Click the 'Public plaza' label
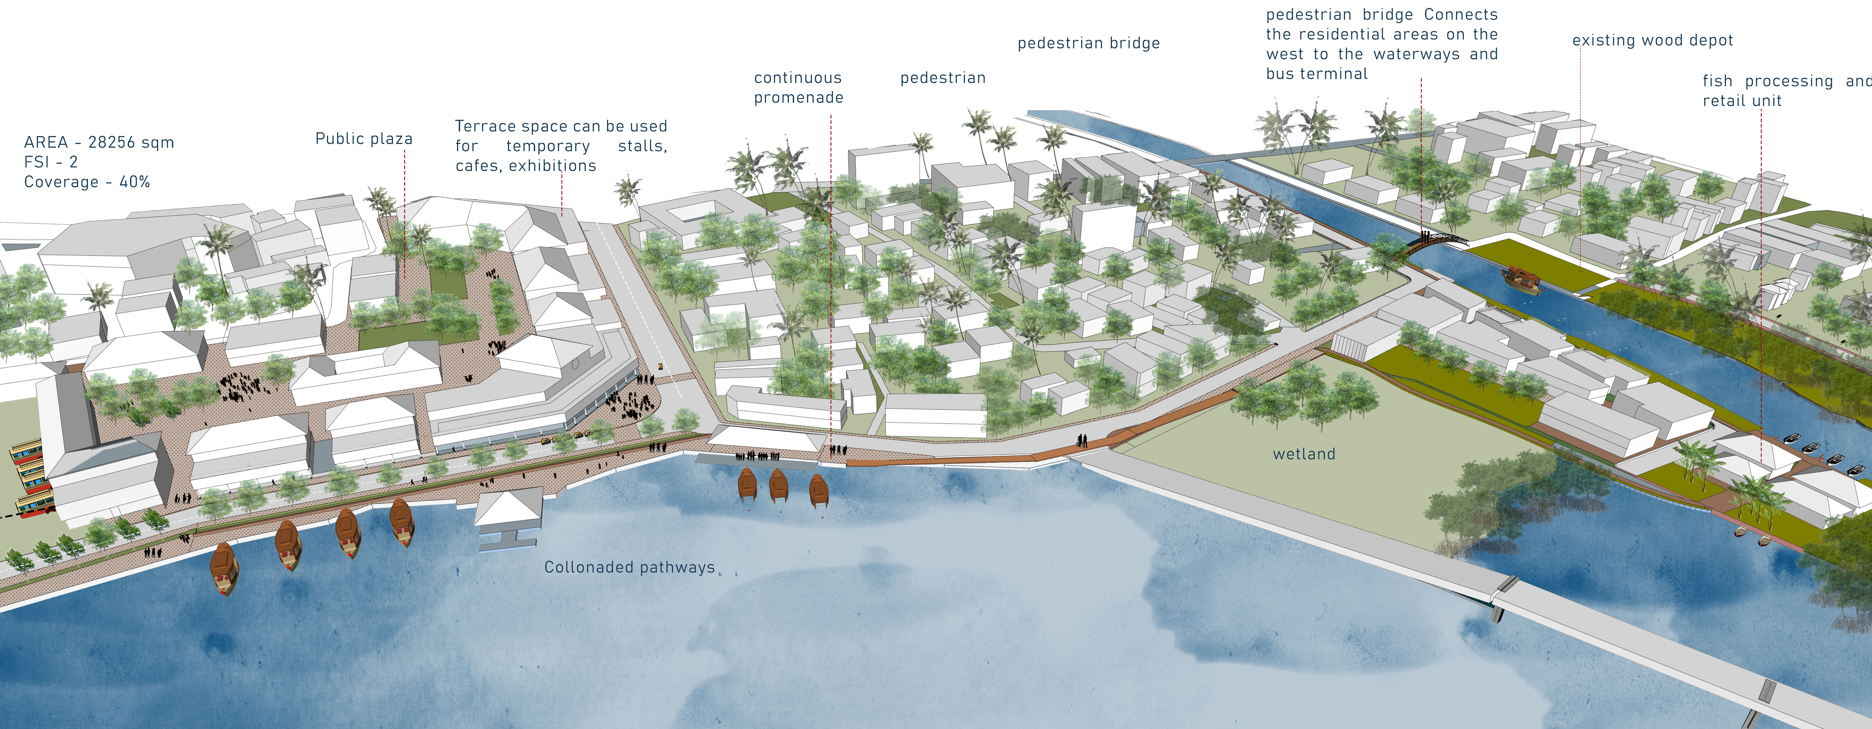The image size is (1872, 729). [363, 139]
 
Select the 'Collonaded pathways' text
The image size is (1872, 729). [629, 567]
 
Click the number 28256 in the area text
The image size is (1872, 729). [113, 142]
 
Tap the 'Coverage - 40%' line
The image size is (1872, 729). [87, 182]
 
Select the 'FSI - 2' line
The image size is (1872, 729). [51, 162]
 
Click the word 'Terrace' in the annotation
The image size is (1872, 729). [481, 126]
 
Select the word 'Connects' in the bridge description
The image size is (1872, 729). [1461, 14]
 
